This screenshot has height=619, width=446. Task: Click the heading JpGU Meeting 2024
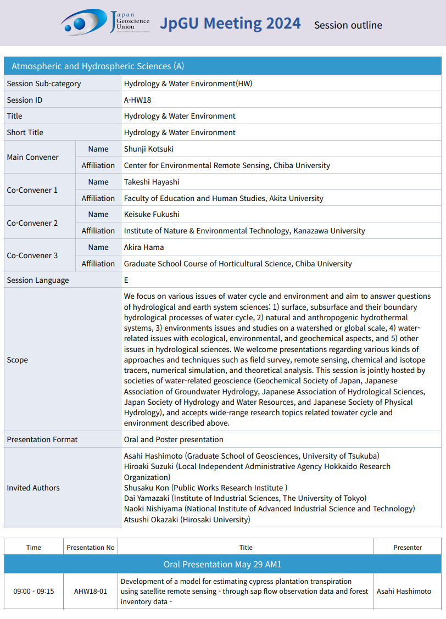[230, 23]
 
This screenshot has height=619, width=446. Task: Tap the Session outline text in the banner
[348, 25]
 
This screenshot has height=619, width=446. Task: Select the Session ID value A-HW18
[137, 100]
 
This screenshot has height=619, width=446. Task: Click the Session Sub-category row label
[44, 83]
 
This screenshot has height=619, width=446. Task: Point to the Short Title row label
[25, 132]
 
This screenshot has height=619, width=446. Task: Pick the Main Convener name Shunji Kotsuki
[149, 149]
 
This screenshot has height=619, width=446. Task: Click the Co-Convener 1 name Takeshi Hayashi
[152, 182]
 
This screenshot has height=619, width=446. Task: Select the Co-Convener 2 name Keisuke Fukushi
[152, 214]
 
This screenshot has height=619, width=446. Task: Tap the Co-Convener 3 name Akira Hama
[144, 247]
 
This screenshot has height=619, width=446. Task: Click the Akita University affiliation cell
[224, 198]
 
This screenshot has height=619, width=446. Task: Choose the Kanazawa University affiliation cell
[244, 231]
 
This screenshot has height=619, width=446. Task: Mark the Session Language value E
[126, 280]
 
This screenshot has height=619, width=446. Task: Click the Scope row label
[18, 360]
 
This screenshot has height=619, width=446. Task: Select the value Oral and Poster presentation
[174, 439]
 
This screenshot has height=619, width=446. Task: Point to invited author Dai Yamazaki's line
[245, 498]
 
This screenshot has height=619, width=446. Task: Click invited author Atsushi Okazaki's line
[187, 519]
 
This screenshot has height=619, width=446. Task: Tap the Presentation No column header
[91, 547]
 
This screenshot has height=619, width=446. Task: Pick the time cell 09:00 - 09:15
[34, 592]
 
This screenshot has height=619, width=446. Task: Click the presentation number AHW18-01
[91, 592]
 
